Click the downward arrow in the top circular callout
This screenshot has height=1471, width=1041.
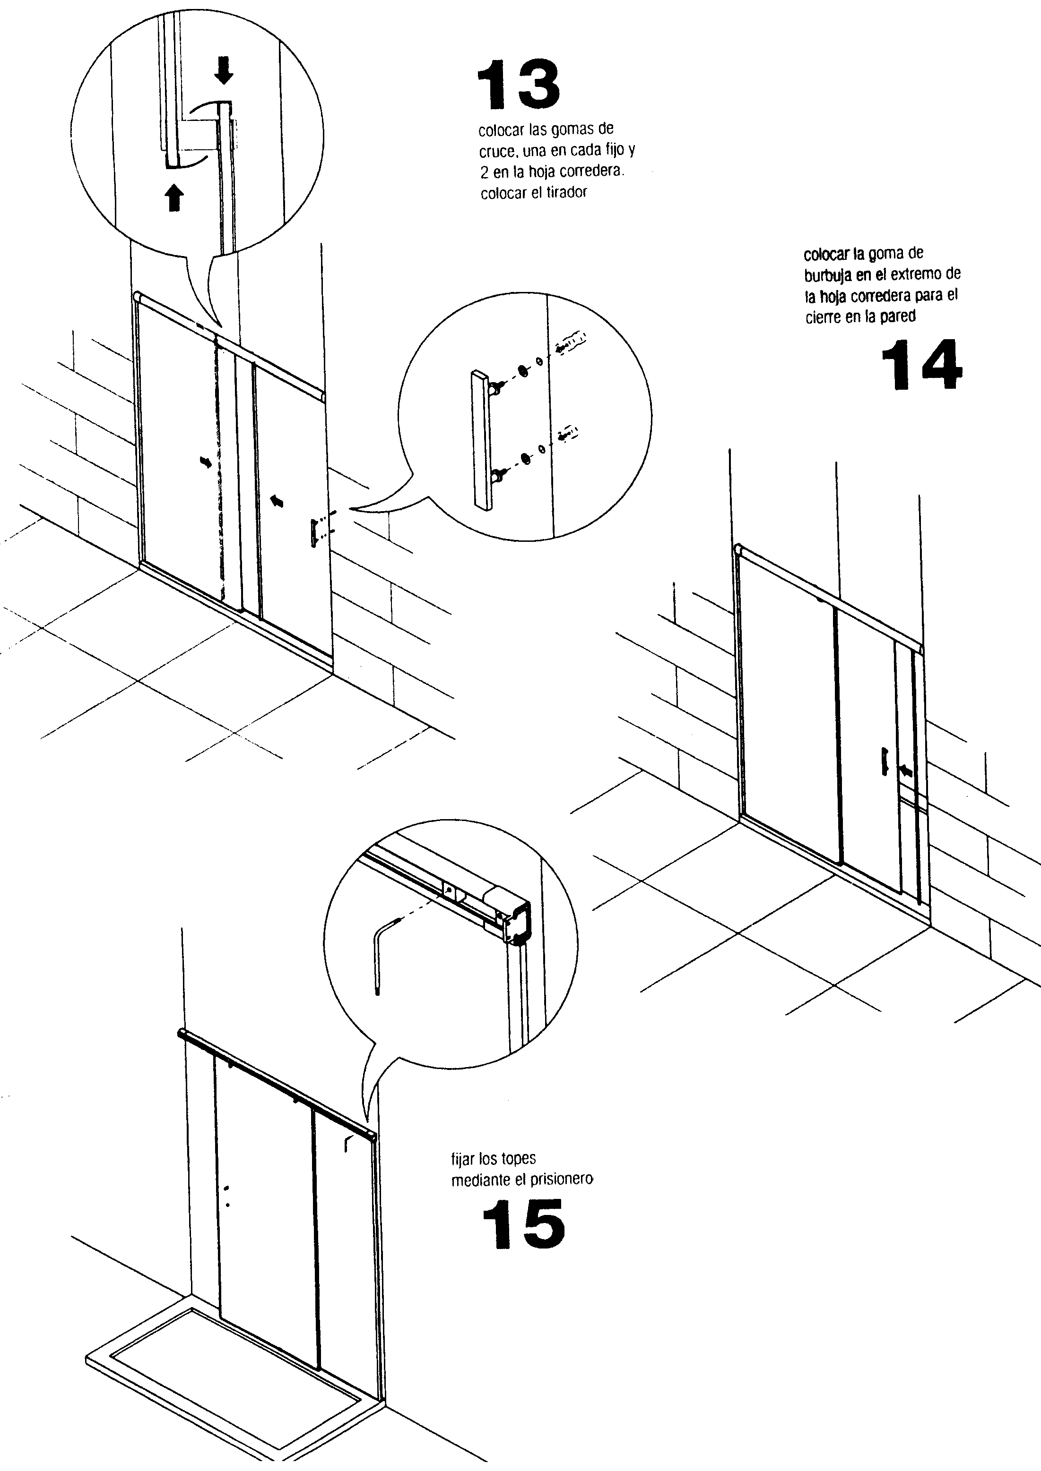(224, 70)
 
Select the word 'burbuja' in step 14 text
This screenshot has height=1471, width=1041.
(827, 275)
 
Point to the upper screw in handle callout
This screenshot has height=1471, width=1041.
(572, 340)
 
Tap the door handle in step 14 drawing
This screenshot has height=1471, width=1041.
(885, 761)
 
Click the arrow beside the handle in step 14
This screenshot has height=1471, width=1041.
(906, 772)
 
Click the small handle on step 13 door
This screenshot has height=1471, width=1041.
(314, 533)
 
